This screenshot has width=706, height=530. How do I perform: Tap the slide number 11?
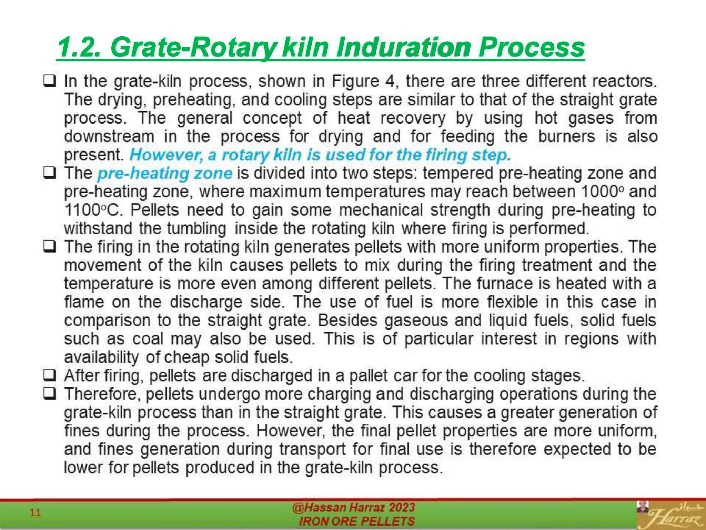(35, 512)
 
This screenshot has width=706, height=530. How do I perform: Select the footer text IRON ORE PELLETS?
(356, 521)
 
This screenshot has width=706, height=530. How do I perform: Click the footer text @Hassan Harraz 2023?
(353, 507)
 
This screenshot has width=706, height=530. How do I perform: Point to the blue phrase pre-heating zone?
(165, 173)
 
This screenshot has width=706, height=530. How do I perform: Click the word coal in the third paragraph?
(148, 339)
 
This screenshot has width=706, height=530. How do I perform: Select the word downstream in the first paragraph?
(109, 137)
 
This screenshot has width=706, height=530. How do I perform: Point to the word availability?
(101, 357)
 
